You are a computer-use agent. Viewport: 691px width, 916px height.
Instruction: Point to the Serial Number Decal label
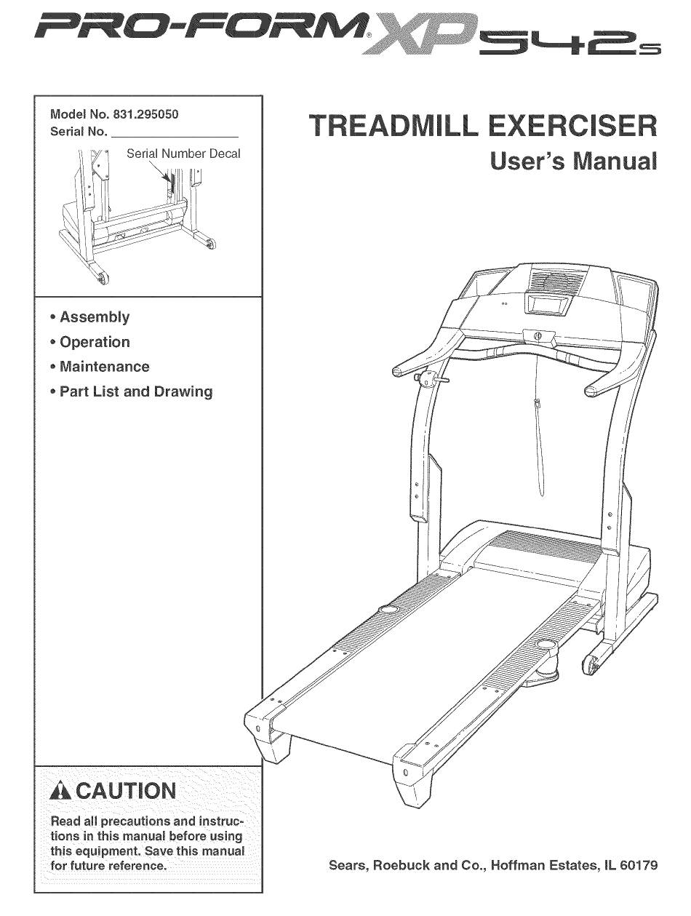point(183,154)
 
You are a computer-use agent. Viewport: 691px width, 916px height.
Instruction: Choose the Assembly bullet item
point(95,317)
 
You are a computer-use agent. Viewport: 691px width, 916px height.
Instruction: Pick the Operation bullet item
point(95,342)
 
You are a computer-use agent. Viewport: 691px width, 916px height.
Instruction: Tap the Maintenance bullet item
point(104,367)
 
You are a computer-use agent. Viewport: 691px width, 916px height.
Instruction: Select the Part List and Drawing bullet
point(136,391)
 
